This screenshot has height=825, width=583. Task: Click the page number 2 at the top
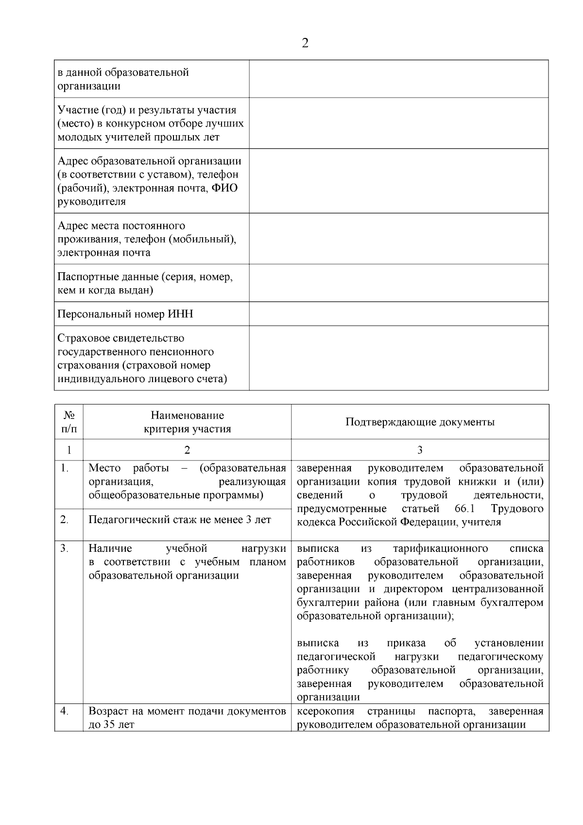click(x=305, y=43)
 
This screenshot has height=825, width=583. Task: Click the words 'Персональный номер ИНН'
click(x=125, y=314)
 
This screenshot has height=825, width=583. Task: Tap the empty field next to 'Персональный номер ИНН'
click(x=398, y=314)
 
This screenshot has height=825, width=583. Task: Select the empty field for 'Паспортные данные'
click(x=398, y=283)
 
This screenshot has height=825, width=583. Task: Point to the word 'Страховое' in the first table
click(x=80, y=338)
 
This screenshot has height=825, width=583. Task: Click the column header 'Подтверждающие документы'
click(x=420, y=422)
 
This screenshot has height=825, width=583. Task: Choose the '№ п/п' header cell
click(x=69, y=422)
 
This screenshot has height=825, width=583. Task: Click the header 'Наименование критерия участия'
click(x=187, y=422)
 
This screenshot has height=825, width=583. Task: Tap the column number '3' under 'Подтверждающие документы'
click(x=420, y=450)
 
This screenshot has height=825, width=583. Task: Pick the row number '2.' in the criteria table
click(x=64, y=520)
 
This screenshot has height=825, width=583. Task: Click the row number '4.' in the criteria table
click(x=64, y=711)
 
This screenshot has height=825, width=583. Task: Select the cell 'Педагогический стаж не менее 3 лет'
click(x=180, y=520)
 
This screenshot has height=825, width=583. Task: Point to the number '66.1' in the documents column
click(x=464, y=509)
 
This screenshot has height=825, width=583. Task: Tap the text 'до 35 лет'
click(x=111, y=725)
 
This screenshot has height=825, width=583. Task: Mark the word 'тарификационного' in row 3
click(x=440, y=548)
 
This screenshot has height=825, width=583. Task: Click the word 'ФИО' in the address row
click(x=224, y=188)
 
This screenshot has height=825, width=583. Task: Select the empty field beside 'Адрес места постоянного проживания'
click(x=398, y=239)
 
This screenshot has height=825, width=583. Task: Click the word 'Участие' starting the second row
click(x=76, y=110)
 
